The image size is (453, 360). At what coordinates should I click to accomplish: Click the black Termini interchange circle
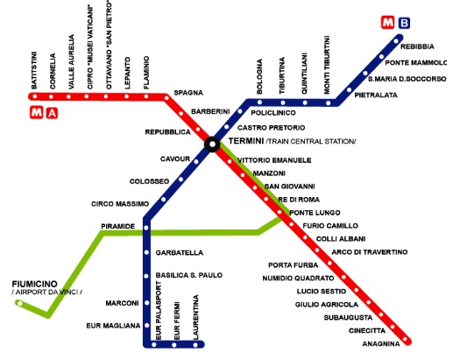(212, 145)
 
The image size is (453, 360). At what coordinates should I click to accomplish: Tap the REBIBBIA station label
(417, 46)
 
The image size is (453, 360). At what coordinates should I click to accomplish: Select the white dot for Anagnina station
(405, 339)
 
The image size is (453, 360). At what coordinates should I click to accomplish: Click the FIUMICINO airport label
(34, 284)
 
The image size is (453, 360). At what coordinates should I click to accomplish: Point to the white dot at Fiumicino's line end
(19, 304)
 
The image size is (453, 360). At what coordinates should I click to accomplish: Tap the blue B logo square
(405, 23)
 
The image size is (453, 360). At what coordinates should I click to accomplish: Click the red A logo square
(52, 113)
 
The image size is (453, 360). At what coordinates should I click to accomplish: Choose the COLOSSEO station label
(149, 181)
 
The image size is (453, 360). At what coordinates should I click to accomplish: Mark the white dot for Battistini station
(35, 96)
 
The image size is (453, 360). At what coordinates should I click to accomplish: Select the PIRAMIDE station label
(118, 226)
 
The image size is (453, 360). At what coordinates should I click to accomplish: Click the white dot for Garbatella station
(146, 252)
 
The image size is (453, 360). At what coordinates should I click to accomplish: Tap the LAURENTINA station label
(195, 317)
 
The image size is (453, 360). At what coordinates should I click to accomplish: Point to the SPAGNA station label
(188, 93)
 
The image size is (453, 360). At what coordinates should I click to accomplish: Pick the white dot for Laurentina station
(195, 345)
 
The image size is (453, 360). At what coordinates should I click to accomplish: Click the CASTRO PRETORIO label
(271, 128)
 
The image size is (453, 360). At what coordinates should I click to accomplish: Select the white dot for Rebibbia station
(396, 41)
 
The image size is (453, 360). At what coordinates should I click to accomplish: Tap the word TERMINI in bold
(246, 141)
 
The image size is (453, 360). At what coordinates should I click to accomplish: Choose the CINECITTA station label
(367, 331)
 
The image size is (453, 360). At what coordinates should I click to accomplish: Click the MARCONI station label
(122, 303)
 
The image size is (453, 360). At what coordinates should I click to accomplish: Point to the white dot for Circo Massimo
(164, 200)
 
